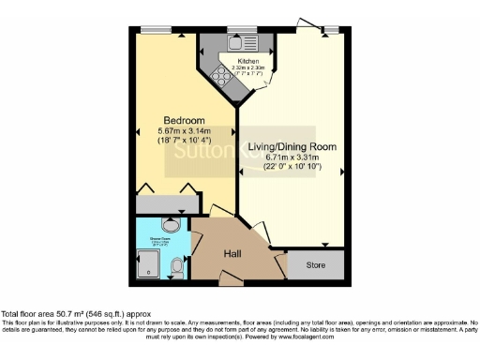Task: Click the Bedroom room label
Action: pos(184,120)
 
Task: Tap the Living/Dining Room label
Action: pos(292,147)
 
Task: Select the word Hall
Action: pos(233,254)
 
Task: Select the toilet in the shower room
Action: pos(177,269)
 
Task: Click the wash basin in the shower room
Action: pos(172,226)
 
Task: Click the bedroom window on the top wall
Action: pos(156,31)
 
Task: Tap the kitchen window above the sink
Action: pos(235,31)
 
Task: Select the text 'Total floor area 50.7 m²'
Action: pos(42,313)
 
